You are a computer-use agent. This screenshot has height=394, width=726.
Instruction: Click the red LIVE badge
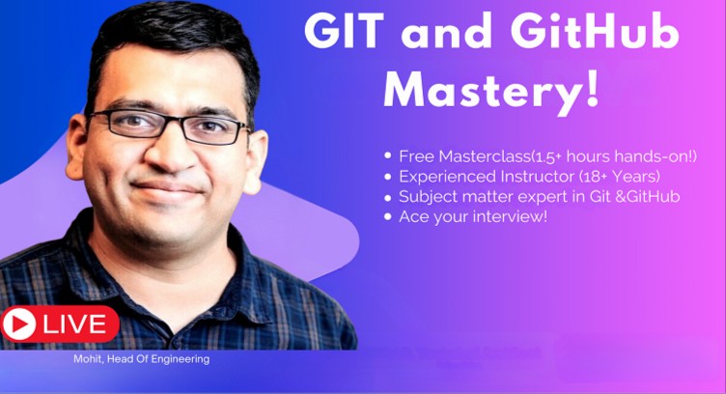60,324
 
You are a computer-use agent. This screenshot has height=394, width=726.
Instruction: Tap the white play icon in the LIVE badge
18,324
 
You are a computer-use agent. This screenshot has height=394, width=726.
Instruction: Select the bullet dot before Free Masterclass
388,155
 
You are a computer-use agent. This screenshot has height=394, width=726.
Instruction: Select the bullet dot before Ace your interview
388,216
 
